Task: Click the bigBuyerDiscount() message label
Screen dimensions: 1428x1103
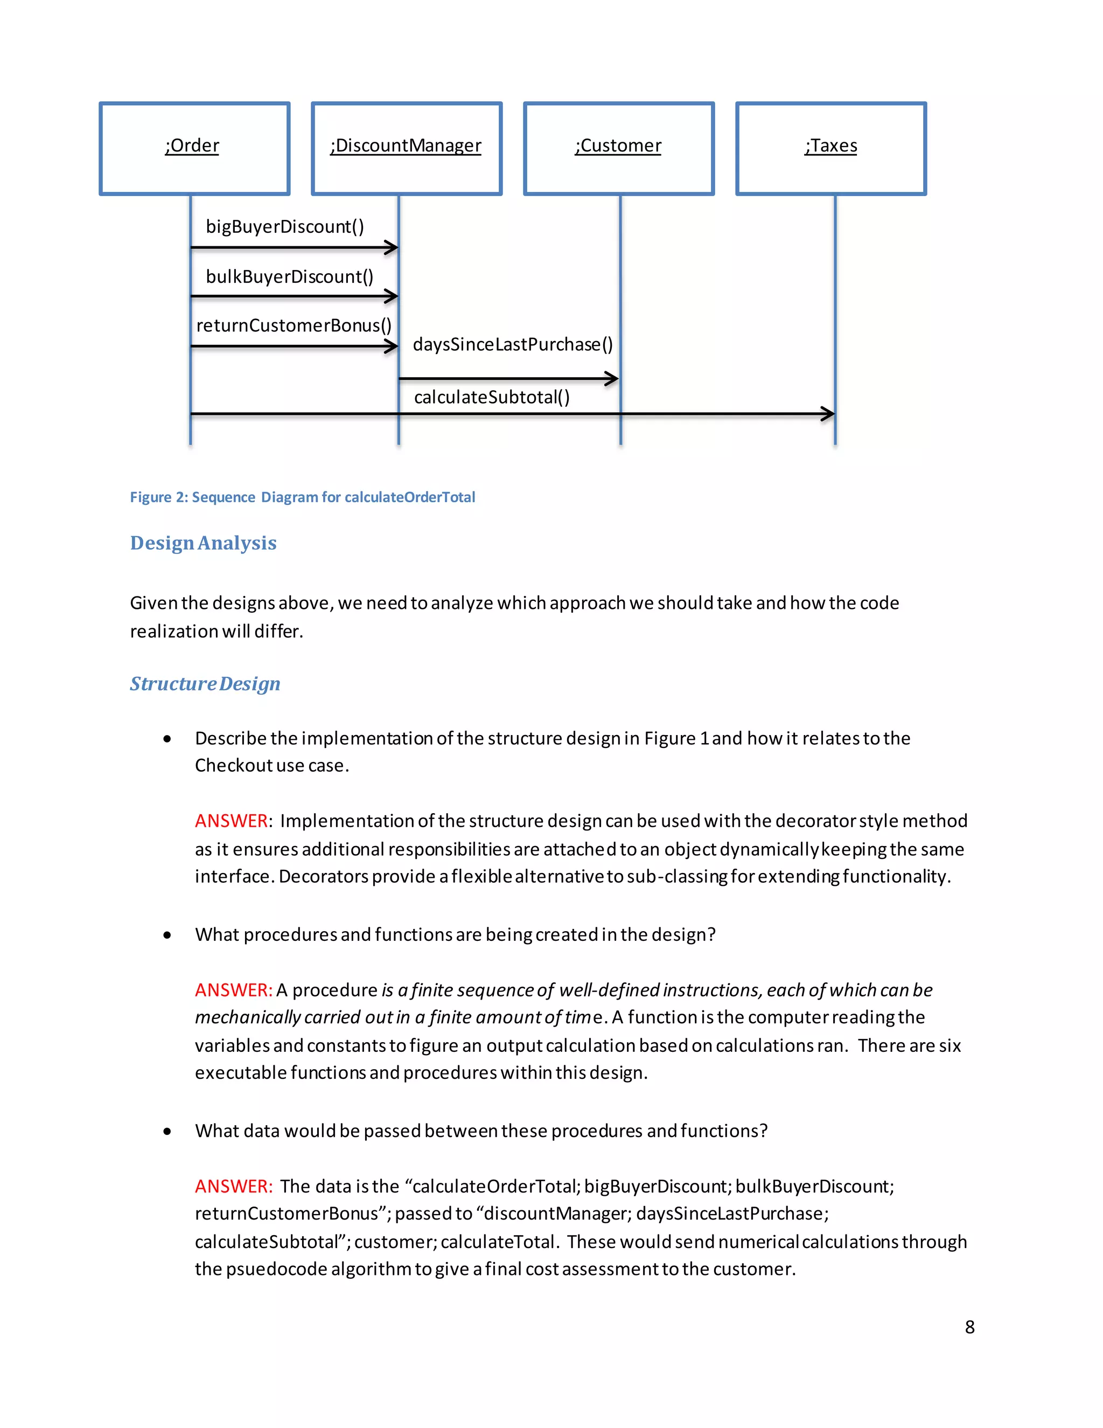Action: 285,226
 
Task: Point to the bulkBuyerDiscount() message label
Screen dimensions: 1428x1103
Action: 289,276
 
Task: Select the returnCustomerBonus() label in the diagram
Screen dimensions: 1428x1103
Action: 294,325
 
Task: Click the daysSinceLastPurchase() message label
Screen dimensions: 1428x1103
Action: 513,344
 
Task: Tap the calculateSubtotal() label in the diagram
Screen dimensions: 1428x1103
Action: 492,397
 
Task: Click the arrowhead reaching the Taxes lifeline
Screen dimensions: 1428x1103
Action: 828,413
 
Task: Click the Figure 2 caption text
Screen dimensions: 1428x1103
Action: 303,497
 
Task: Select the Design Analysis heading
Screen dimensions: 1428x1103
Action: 203,543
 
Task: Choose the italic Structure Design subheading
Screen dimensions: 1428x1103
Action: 205,683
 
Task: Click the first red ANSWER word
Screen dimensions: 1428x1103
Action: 231,821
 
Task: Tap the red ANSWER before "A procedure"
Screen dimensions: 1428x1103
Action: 233,990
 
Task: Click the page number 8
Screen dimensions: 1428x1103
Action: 969,1327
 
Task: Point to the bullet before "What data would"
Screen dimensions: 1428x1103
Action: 167,1131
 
